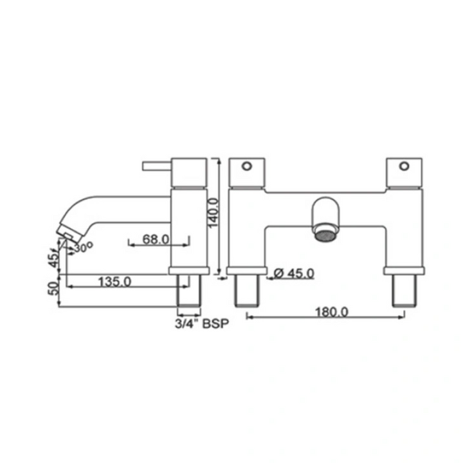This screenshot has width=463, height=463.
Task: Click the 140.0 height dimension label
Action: point(213,213)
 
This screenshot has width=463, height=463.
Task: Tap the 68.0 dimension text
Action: point(156,239)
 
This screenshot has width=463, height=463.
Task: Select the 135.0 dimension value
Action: point(114,282)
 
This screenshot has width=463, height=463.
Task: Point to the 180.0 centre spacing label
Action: point(332,312)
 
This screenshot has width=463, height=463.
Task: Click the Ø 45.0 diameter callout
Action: point(294,274)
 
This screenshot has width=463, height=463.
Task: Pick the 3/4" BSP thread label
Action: point(202,324)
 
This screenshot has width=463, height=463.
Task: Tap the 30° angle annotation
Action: point(84,247)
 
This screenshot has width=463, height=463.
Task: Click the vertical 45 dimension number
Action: point(54,260)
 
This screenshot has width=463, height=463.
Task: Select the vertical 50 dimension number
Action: point(53,288)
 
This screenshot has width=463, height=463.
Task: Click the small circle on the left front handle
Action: point(246,166)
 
